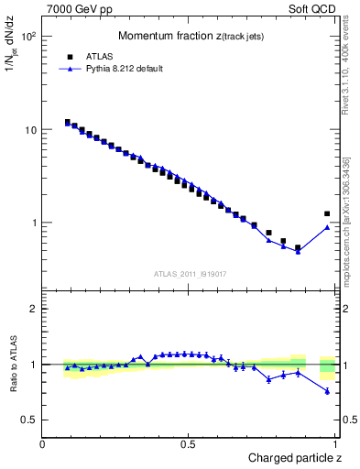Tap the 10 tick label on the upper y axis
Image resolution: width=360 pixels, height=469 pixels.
[31, 130]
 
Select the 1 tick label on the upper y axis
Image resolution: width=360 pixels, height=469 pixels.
[34, 223]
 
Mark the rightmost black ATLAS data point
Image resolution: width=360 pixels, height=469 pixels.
[327, 213]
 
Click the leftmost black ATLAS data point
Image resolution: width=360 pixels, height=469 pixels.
[67, 122]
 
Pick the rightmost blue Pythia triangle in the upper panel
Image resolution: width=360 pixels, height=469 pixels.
[327, 227]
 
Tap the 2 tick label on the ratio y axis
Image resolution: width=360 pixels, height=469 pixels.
[34, 309]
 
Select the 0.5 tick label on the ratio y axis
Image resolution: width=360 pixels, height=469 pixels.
[29, 420]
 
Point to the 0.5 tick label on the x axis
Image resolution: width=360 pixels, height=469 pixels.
[189, 443]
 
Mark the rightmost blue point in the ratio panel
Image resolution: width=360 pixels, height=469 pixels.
[327, 391]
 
